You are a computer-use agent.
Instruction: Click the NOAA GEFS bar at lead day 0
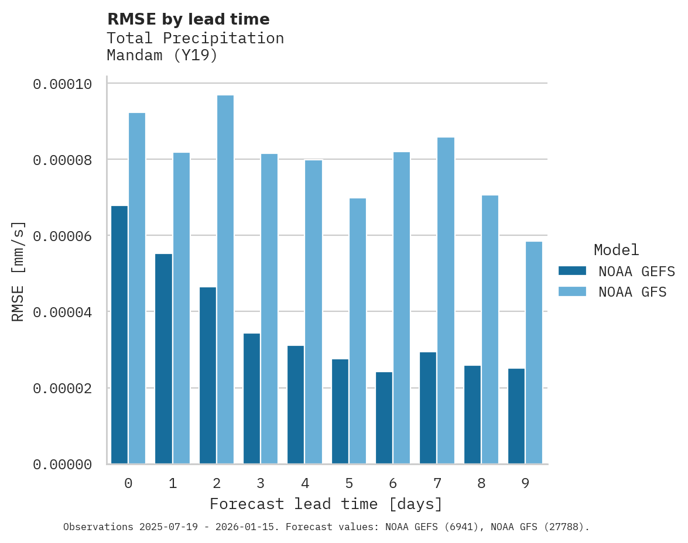click(119, 335)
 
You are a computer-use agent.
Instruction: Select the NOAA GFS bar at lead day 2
click(225, 280)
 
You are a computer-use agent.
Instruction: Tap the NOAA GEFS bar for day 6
click(384, 418)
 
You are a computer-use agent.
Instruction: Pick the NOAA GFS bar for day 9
click(534, 353)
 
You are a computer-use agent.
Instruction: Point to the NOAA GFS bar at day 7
click(446, 301)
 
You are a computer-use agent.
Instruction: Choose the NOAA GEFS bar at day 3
click(252, 398)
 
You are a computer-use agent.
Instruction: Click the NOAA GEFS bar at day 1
click(163, 359)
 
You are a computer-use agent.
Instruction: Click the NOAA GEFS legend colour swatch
click(572, 271)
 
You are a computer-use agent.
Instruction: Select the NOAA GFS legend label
click(632, 291)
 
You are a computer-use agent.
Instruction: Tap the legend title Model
click(616, 250)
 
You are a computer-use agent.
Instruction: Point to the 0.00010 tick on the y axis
click(63, 84)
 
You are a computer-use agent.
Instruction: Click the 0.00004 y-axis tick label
click(63, 312)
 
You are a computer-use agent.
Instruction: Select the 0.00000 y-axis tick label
click(63, 465)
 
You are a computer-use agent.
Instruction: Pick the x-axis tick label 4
click(305, 483)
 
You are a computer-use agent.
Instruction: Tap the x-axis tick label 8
click(481, 483)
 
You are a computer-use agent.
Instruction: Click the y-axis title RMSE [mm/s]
click(18, 271)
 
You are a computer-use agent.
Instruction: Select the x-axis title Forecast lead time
click(326, 504)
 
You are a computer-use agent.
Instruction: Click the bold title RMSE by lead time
click(189, 19)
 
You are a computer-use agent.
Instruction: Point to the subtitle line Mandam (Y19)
click(162, 56)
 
